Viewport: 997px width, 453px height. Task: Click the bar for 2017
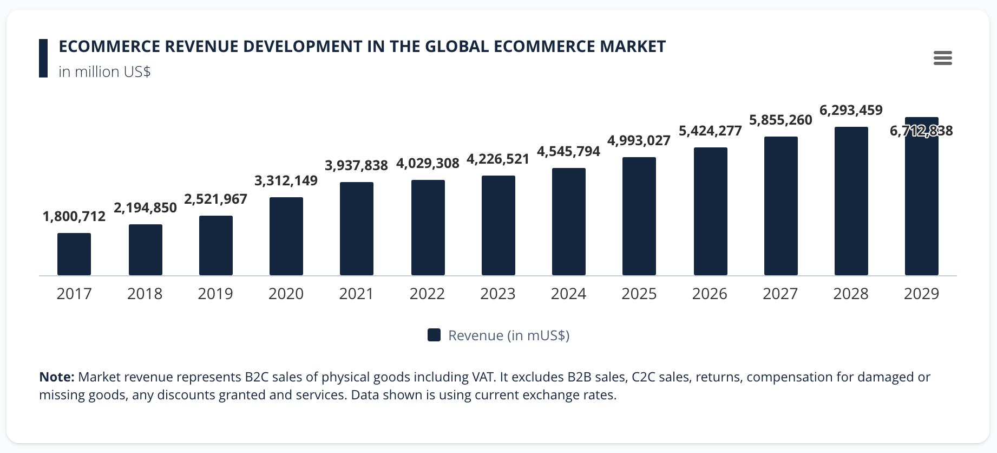(74, 254)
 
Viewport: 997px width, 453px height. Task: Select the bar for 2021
(357, 229)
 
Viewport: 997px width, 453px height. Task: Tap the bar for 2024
(569, 222)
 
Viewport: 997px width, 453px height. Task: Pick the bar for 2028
(851, 201)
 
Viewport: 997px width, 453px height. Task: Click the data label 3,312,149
(286, 181)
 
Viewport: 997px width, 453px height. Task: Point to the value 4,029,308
(428, 164)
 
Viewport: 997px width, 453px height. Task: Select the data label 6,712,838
(921, 131)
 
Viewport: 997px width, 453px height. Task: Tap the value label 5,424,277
(710, 131)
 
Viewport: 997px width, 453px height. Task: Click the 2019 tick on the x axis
(215, 294)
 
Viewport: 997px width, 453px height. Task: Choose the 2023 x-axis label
(498, 294)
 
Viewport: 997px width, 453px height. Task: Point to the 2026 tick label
(710, 294)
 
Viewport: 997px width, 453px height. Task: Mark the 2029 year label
(921, 294)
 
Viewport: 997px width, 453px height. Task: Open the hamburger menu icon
(942, 58)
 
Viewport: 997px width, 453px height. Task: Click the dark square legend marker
(434, 335)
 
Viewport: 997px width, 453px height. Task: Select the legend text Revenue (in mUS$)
(509, 335)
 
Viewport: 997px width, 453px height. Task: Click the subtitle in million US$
(104, 72)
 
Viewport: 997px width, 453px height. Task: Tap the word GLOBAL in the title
(457, 47)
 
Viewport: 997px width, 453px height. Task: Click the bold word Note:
(56, 377)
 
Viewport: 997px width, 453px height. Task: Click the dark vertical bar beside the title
(43, 58)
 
